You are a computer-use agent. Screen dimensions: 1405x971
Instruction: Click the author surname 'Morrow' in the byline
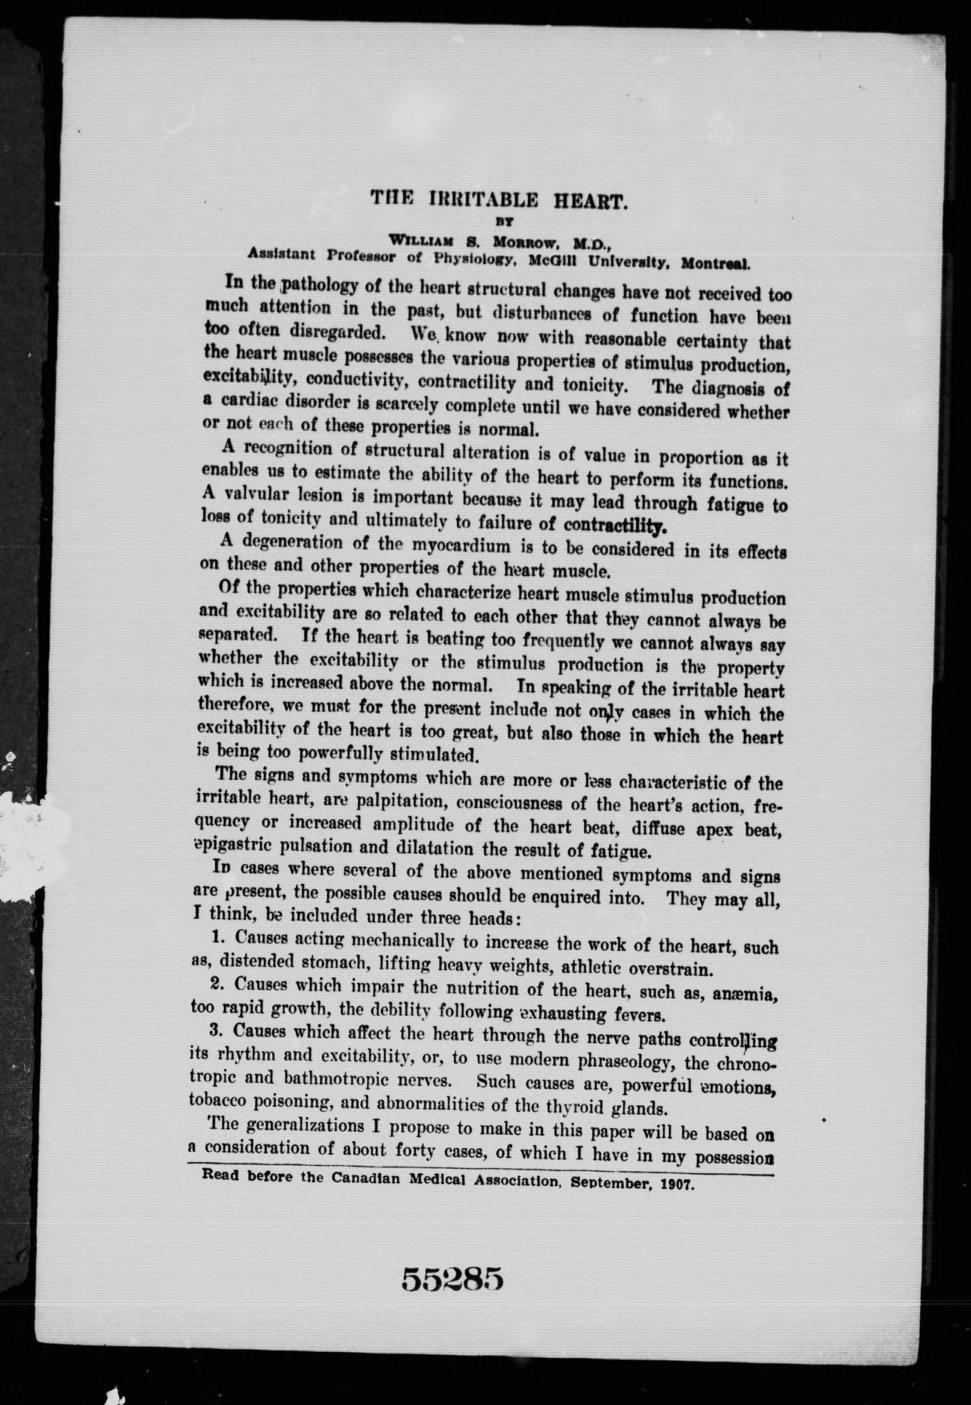[525, 241]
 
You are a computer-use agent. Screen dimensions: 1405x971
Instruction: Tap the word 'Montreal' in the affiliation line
[715, 265]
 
